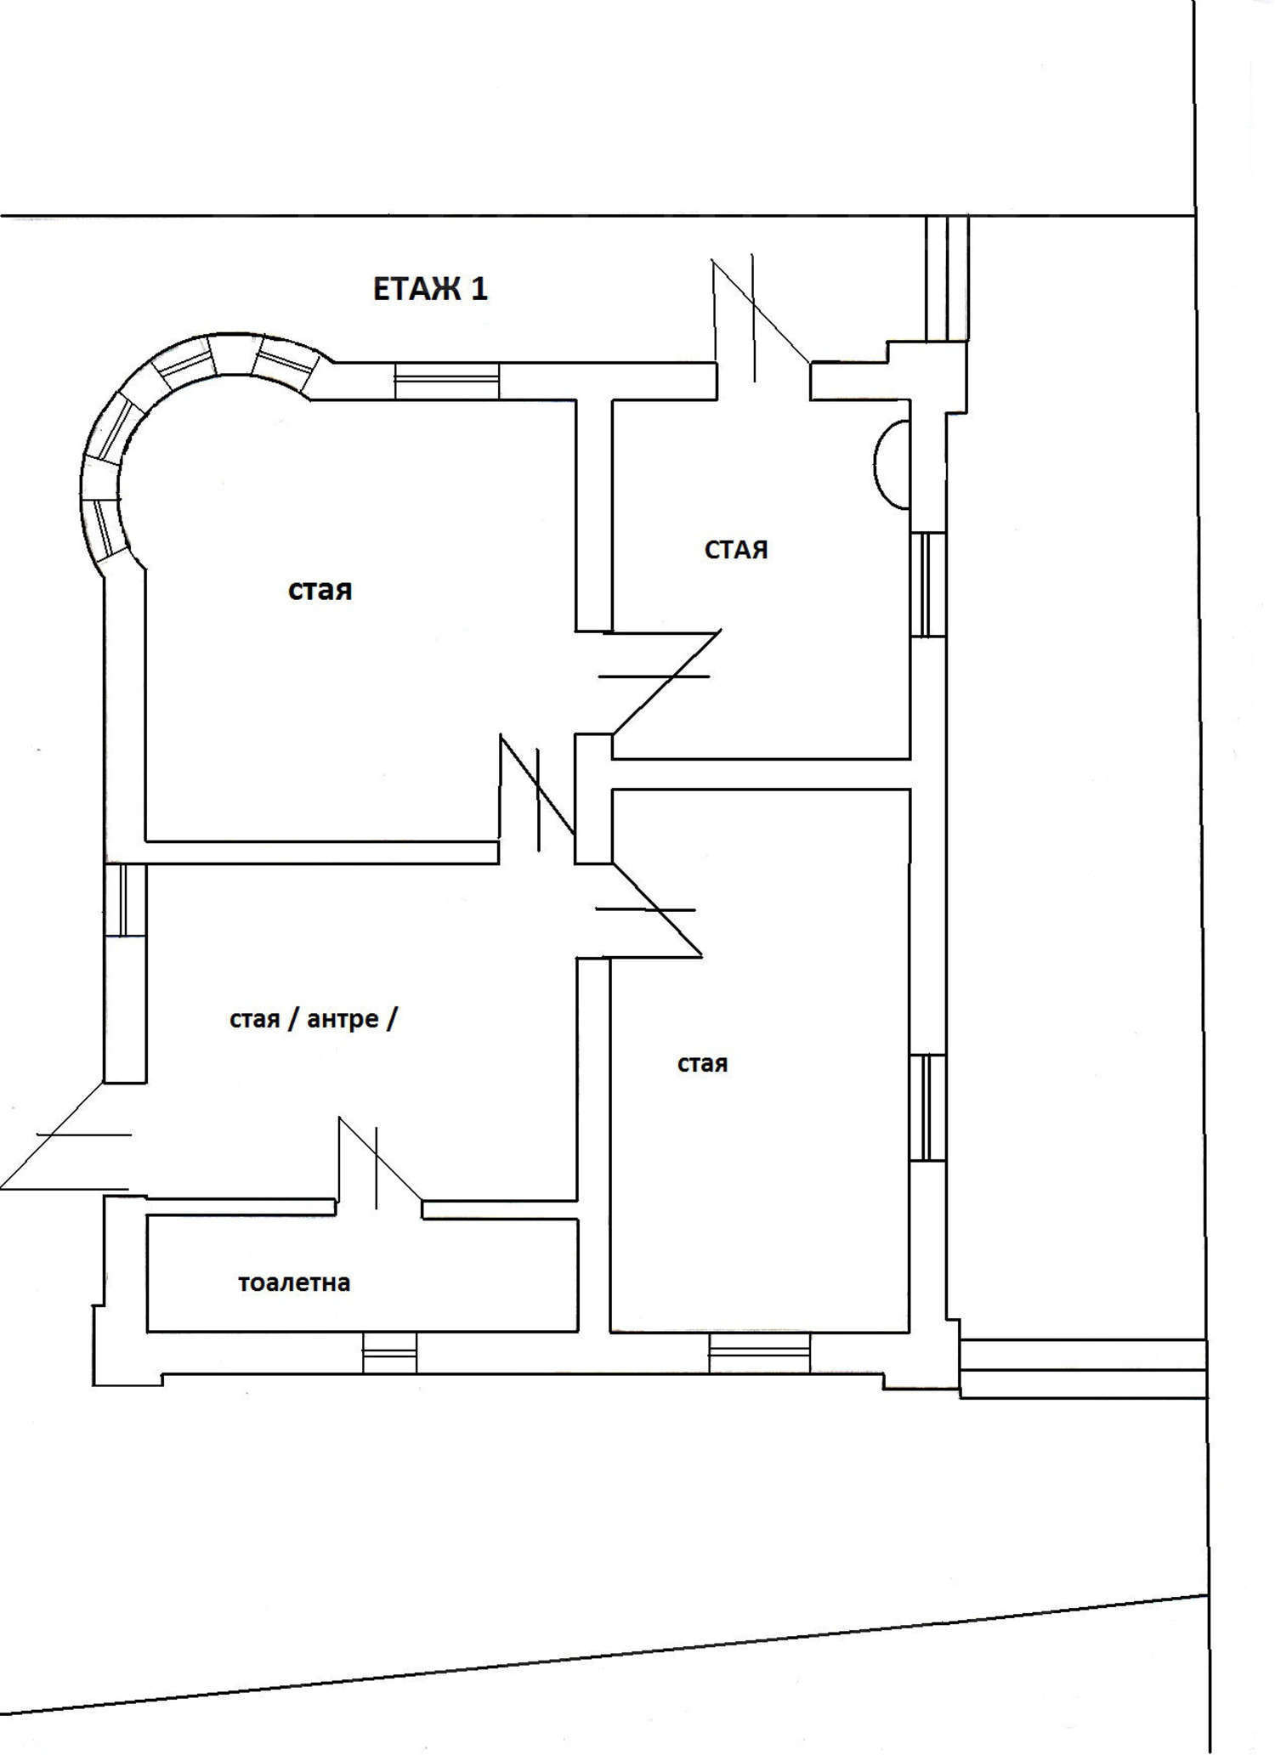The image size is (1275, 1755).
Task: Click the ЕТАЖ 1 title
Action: [430, 289]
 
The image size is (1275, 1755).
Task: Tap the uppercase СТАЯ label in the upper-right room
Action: [736, 550]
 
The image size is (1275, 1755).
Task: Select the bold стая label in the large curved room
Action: [320, 590]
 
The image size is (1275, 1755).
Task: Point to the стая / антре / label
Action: [313, 1019]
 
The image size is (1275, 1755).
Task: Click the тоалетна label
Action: [294, 1282]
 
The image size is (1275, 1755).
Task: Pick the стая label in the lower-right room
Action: [702, 1064]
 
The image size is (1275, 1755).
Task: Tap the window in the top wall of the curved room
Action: [446, 381]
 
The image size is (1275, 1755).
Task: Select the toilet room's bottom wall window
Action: [390, 1351]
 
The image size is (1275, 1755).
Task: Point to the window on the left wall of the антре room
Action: [125, 900]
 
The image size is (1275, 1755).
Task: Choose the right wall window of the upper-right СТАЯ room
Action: [928, 585]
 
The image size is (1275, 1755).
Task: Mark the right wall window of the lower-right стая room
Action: [927, 1107]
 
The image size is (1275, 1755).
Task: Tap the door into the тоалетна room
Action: [380, 1161]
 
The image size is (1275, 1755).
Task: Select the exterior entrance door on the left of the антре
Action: [66, 1136]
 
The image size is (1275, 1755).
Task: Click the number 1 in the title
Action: [479, 289]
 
